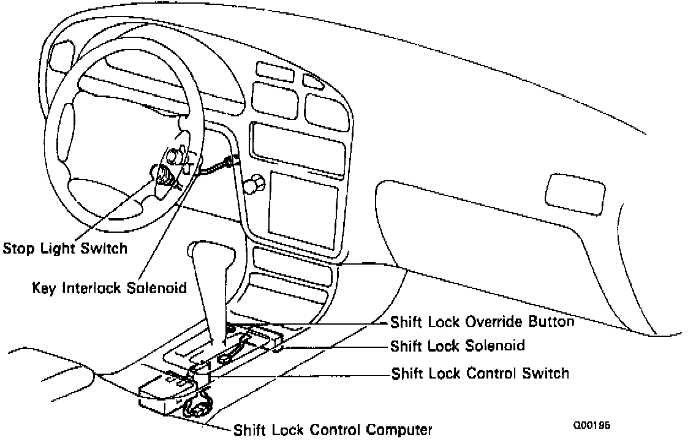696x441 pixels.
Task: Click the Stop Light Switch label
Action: (65, 249)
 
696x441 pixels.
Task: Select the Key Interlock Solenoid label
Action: (109, 288)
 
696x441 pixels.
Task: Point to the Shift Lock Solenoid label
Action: (458, 345)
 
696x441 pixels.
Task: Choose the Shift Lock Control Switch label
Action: (480, 373)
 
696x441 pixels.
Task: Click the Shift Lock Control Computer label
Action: (333, 429)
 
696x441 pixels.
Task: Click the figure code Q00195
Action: (592, 425)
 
